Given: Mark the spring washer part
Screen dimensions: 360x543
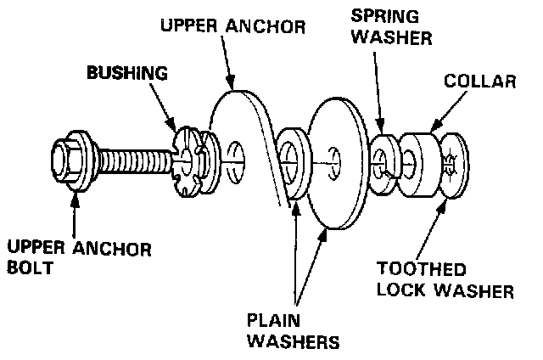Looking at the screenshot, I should pos(383,157).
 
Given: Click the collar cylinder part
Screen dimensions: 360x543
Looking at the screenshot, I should pos(420,158).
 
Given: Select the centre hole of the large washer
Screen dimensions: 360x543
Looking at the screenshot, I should pos(335,158).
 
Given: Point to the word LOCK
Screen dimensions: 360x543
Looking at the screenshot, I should pos(402,291).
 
